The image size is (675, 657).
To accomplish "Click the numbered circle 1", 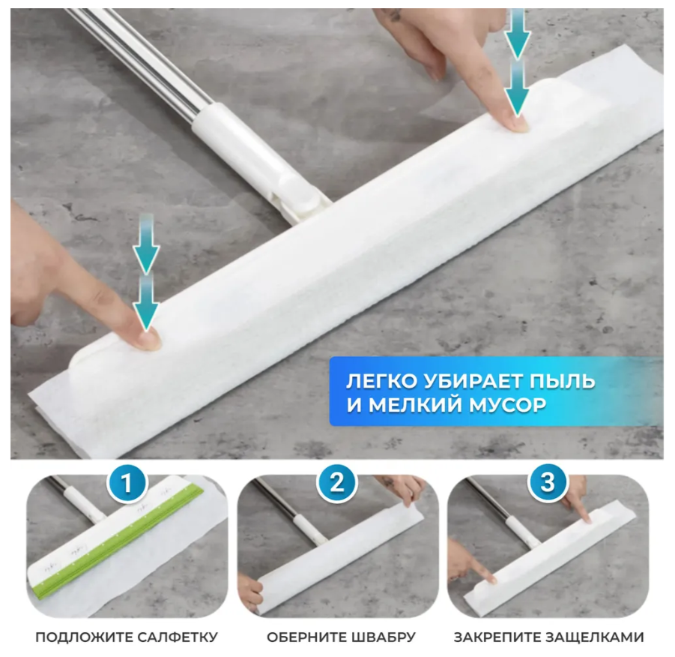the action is [127, 481].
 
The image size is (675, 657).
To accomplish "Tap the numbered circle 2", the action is [337, 481].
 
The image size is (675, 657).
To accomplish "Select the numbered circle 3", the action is [547, 481].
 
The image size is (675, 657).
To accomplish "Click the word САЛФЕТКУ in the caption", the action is [178, 637].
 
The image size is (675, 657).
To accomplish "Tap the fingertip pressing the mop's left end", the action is [148, 340].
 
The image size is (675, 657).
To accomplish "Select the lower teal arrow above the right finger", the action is [517, 88].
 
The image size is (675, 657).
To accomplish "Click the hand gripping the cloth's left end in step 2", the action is [250, 589].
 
